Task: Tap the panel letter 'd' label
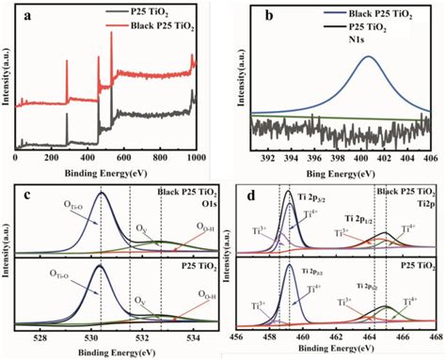[x=247, y=194]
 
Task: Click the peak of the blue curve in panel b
[x=368, y=57]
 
